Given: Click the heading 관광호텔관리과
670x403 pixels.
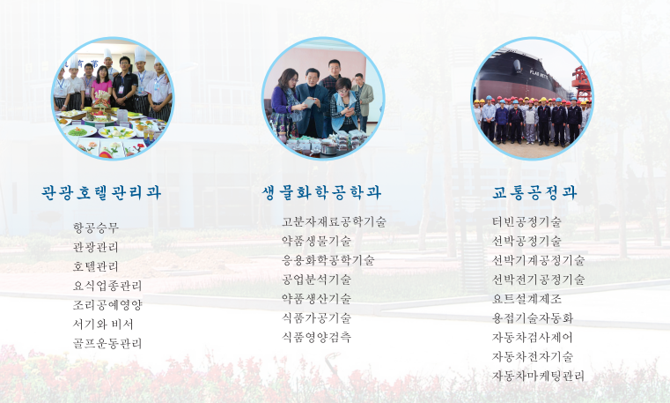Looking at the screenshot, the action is tap(101, 192).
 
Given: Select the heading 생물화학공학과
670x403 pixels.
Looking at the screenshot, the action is tap(321, 192).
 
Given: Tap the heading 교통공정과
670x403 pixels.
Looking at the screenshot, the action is tap(534, 192).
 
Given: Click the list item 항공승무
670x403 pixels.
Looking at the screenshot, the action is tap(96, 228).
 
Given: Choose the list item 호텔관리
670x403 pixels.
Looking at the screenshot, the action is tap(96, 266).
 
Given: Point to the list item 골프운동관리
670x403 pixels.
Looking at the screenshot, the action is tap(107, 343).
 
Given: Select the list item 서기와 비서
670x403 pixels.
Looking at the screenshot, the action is tap(103, 324).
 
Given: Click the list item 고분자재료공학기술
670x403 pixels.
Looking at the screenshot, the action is tap(334, 221).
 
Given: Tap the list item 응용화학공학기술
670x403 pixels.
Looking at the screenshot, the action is tap(328, 260).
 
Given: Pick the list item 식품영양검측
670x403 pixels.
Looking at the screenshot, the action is tap(317, 337).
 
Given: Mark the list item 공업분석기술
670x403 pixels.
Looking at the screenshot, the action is tap(317, 280).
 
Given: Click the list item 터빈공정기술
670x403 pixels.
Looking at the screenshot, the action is tap(526, 221).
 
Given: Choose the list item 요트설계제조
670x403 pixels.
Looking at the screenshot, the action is tap(526, 299).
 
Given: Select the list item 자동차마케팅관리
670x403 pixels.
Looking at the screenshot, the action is tap(538, 376).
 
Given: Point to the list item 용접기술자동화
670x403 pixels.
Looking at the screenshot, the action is tap(533, 317).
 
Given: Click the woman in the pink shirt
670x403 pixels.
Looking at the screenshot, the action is tap(102, 85).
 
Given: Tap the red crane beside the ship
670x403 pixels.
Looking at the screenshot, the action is tap(582, 84).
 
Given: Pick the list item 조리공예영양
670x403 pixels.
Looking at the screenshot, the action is tap(107, 304).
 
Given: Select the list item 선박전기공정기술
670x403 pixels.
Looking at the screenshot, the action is tap(538, 280).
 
